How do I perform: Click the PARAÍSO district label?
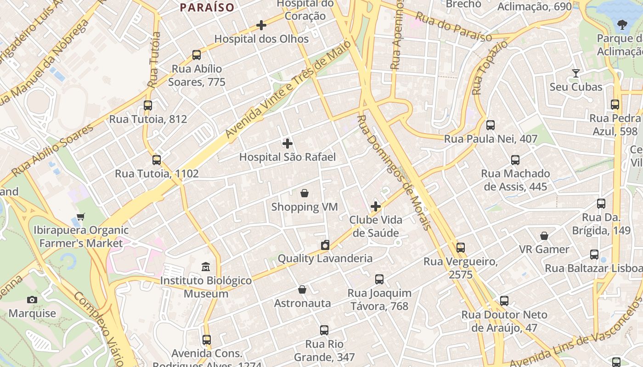click(x=207, y=7)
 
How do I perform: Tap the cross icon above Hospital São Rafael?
click(x=288, y=144)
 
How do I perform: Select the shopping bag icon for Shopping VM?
click(x=304, y=193)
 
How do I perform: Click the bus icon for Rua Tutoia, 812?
click(x=148, y=106)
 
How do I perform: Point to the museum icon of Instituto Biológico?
click(x=206, y=267)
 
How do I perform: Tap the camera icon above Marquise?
click(x=32, y=300)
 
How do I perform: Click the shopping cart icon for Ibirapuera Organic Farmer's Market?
click(x=81, y=217)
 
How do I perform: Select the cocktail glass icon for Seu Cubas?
click(x=575, y=73)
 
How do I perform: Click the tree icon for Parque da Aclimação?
click(x=622, y=25)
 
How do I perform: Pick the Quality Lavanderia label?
click(x=325, y=259)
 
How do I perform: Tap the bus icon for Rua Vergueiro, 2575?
click(x=461, y=248)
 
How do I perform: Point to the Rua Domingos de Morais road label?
click(x=394, y=172)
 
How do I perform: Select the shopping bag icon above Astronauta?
click(x=302, y=289)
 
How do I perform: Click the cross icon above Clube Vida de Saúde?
click(x=376, y=206)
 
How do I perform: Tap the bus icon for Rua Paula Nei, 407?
click(x=491, y=125)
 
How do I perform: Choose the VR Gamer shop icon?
click(x=544, y=236)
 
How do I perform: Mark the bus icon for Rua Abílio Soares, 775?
click(x=197, y=55)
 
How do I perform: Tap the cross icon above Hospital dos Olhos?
click(x=261, y=25)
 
